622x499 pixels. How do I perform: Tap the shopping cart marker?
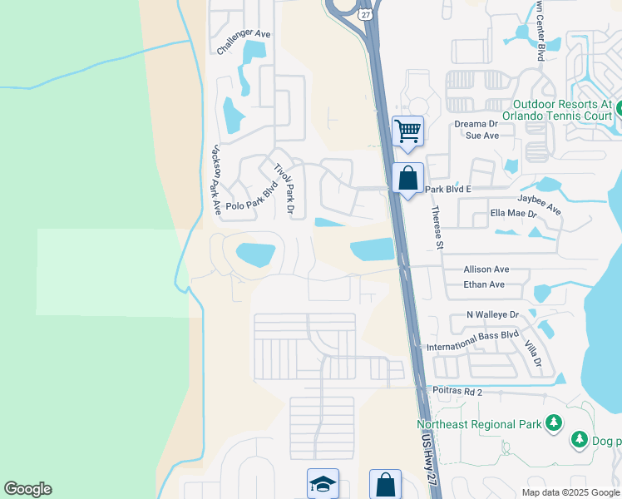(x=407, y=131)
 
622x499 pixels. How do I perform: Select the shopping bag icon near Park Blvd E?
(x=408, y=178)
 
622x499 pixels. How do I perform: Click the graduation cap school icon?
(x=322, y=485)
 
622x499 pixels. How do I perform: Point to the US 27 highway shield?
(x=366, y=14)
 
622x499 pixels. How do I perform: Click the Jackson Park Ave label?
(x=215, y=180)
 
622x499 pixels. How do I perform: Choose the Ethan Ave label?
(x=485, y=285)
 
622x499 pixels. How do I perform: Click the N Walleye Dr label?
(x=492, y=315)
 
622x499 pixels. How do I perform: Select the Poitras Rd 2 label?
(x=457, y=391)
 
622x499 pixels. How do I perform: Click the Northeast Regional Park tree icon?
(x=553, y=424)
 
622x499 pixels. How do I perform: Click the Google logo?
(x=27, y=489)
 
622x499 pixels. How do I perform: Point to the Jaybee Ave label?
(x=540, y=206)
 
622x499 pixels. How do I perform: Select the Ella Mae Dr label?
(x=513, y=214)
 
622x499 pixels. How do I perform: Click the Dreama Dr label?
(x=474, y=124)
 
